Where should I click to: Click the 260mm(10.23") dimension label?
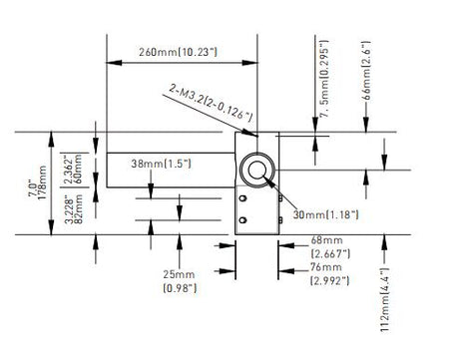point(178,52)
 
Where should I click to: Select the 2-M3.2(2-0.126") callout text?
point(211,103)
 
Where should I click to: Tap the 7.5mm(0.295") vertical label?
point(324,79)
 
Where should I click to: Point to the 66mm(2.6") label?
point(366,71)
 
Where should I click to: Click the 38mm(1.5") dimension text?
point(161,164)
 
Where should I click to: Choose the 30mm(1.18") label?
point(325,214)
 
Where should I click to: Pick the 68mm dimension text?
point(326,240)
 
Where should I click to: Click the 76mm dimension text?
point(326,267)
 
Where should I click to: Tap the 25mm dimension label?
point(179,274)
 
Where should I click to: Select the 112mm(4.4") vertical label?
point(385,299)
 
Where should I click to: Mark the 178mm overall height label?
point(43,182)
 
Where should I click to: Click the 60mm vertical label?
point(78,169)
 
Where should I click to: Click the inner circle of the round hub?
point(257,171)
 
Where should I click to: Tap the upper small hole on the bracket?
point(242,198)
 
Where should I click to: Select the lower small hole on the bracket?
point(242,219)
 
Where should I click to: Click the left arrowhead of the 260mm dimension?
point(114,63)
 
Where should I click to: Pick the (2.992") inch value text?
point(330,281)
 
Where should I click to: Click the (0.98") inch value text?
point(180,288)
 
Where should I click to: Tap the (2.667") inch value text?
point(330,254)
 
